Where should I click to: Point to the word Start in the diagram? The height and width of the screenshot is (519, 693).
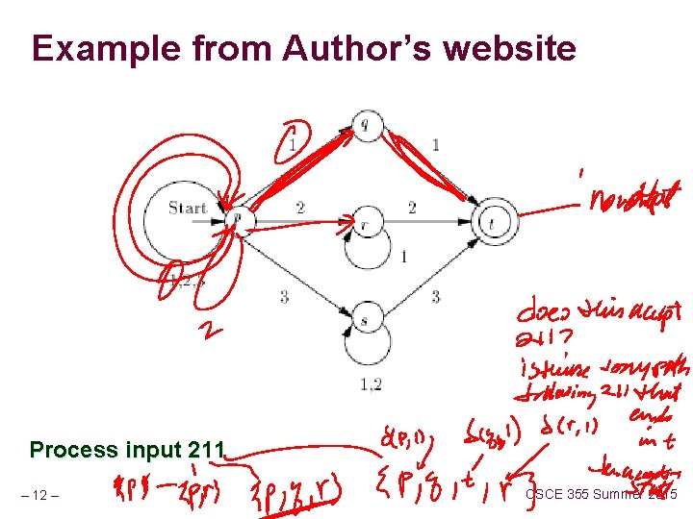(187, 208)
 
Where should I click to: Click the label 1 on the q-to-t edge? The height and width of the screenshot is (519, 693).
(436, 145)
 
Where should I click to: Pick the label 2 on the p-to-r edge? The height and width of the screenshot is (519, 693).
(300, 207)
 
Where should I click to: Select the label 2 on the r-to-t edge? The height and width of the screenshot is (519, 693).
(411, 207)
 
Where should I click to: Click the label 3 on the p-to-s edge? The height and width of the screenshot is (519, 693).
(284, 297)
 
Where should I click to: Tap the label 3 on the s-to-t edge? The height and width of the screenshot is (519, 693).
(436, 297)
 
